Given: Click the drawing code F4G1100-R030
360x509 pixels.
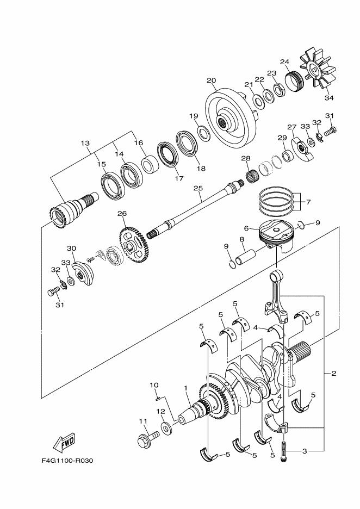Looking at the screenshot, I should click(x=67, y=461).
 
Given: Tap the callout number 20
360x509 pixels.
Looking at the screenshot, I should click(x=212, y=81).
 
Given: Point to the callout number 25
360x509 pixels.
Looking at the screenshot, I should click(x=198, y=188).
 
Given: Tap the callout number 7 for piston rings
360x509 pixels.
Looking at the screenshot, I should click(x=308, y=202).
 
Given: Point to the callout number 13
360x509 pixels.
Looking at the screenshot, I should click(x=85, y=143).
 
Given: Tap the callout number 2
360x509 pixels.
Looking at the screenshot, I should click(x=333, y=373).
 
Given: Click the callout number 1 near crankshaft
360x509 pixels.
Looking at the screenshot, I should click(x=186, y=388).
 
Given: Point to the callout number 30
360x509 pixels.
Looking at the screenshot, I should click(x=71, y=248).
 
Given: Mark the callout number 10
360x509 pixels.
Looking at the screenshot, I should click(x=154, y=385).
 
